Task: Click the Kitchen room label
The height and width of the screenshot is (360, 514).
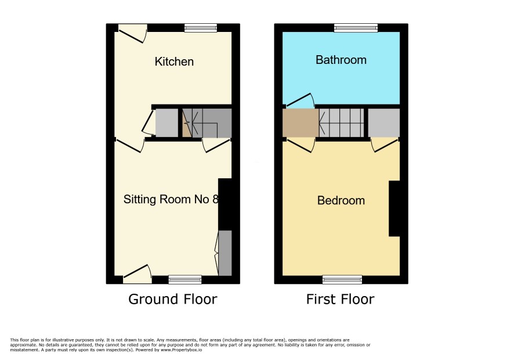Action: [x=174, y=62]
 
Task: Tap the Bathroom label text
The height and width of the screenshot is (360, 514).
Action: [x=341, y=60]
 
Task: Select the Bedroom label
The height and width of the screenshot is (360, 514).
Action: [x=341, y=200]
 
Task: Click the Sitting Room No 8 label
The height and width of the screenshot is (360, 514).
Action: [x=171, y=199]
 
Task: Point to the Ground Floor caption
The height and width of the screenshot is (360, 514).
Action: [x=173, y=299]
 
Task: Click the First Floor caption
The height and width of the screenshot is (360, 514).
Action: [x=341, y=299]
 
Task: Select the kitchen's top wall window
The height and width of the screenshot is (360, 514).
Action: [x=201, y=28]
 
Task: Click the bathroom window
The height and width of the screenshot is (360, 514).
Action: [x=356, y=28]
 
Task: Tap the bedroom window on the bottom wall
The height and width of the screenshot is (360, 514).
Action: [x=342, y=280]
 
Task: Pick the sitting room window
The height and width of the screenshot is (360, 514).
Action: [x=185, y=280]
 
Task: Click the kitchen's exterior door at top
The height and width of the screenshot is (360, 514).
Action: [x=133, y=33]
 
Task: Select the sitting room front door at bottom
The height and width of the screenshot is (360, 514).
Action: [x=137, y=274]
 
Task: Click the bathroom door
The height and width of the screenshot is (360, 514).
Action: [x=301, y=101]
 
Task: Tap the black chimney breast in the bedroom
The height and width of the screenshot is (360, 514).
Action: [x=394, y=208]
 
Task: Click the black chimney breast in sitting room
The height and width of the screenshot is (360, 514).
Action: [x=225, y=204]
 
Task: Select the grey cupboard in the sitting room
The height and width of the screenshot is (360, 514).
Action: [x=225, y=253]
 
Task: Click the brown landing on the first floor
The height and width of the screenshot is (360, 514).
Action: [x=301, y=123]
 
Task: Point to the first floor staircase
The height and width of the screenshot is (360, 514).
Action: [x=342, y=123]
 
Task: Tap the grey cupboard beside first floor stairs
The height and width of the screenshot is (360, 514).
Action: [x=384, y=123]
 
